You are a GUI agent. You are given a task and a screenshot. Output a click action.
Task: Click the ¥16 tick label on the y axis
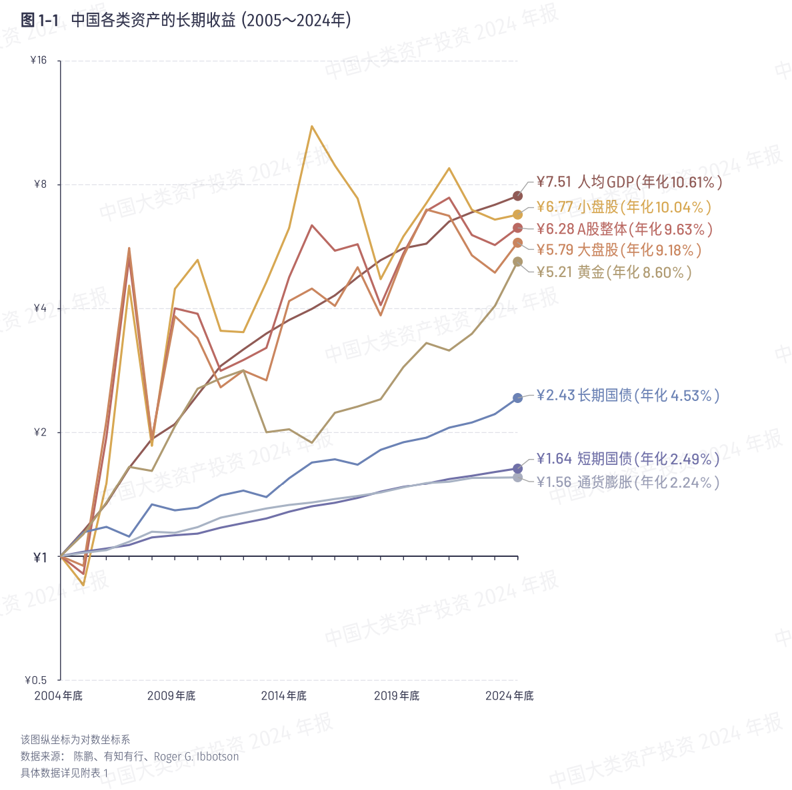point(39,61)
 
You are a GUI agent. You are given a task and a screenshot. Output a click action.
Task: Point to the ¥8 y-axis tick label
point(41,185)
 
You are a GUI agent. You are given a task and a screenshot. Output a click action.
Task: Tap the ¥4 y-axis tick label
point(41,308)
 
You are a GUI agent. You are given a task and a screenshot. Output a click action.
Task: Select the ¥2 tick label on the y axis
point(41,432)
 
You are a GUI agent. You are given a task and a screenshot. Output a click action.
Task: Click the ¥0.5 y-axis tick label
point(36,680)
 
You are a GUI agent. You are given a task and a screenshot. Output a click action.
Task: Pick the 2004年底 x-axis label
point(59,696)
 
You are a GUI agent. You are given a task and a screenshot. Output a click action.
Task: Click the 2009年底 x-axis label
point(171,696)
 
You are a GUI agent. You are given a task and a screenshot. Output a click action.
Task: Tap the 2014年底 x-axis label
point(284,696)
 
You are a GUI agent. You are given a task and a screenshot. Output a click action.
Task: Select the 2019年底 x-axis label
point(397,696)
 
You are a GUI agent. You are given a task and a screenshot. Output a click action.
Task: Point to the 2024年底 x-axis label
point(509,696)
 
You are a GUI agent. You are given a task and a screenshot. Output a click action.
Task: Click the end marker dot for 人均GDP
point(518,196)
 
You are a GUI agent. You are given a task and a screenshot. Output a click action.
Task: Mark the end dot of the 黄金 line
point(518,262)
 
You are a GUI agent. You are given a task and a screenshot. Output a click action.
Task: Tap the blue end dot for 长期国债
point(518,398)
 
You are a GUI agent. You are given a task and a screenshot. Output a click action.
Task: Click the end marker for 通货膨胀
point(518,477)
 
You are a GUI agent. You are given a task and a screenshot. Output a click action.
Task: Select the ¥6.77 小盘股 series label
point(624,207)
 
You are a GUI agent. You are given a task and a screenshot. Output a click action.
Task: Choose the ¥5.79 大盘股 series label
point(619,250)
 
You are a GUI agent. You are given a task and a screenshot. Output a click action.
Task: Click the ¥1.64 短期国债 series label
point(627,459)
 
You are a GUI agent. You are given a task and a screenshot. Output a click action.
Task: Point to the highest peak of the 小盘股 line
point(312,126)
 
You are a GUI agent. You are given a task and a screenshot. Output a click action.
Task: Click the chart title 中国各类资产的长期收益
point(153,21)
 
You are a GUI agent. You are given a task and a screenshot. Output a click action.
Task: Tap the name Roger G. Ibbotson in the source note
point(196,757)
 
